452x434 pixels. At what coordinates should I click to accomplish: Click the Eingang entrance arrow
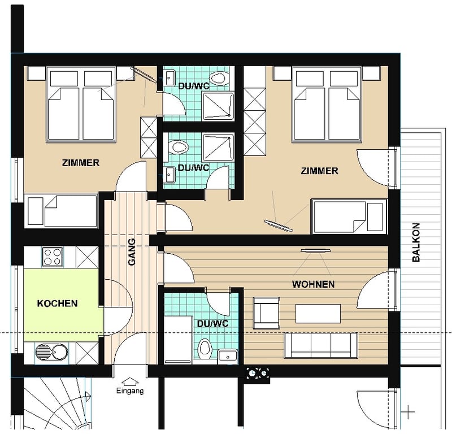130,381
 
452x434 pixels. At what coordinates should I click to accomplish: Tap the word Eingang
130,391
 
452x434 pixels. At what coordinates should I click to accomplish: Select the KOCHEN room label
58,303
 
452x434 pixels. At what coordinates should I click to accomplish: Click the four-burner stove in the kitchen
53,257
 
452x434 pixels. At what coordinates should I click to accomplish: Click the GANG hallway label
132,251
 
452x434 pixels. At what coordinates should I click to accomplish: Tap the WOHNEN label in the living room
314,284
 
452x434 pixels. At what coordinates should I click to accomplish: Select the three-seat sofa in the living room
321,345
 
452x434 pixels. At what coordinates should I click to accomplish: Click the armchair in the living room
266,313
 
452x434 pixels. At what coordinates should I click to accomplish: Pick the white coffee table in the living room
318,314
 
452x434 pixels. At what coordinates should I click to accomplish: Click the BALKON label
416,242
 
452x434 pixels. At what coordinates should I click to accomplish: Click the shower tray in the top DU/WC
218,106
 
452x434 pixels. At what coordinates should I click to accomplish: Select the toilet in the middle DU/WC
178,147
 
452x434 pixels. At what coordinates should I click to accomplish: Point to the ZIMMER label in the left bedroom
81,163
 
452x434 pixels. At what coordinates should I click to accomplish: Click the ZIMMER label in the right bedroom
319,171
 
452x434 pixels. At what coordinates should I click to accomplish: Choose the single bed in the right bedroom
349,216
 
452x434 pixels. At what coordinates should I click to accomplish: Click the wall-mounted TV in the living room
315,251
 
